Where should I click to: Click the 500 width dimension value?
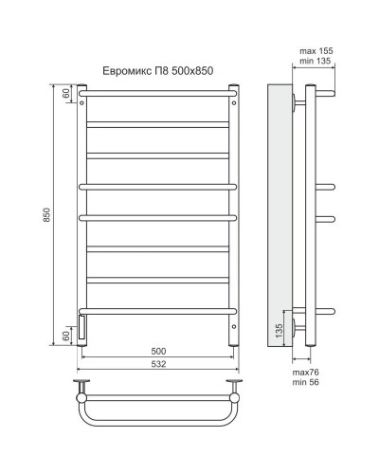pos(157,350)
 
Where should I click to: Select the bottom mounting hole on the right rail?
pos(233,329)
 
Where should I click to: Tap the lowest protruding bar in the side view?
pos(323,310)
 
